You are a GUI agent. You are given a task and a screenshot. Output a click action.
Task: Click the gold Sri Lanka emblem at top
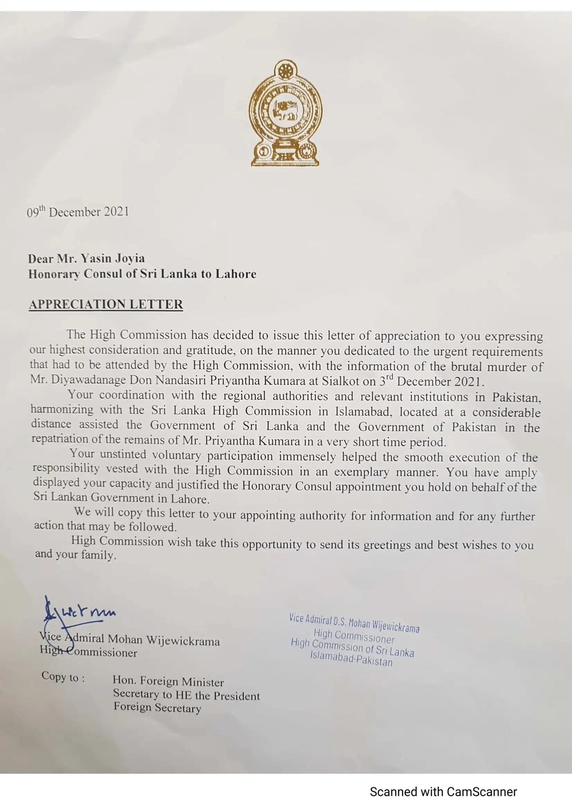click(x=285, y=113)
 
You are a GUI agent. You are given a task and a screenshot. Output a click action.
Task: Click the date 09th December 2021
click(x=78, y=212)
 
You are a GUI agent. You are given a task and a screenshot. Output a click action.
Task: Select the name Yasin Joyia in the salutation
click(x=113, y=259)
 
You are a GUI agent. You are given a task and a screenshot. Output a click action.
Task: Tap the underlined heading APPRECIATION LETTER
click(x=106, y=304)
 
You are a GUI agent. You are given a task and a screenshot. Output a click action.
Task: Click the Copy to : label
click(x=63, y=677)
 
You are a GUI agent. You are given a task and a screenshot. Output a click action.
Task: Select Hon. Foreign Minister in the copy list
click(x=168, y=681)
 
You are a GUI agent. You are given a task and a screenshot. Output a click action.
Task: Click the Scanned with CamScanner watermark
click(x=443, y=792)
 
